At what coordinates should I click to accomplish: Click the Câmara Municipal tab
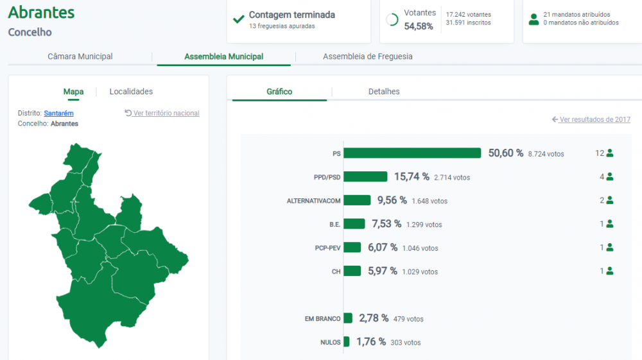click(x=80, y=56)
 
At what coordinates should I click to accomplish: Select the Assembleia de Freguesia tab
click(x=368, y=56)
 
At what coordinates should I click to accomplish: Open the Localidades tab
click(x=131, y=92)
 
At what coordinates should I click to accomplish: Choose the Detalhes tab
click(x=384, y=92)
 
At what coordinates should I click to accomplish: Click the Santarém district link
click(x=58, y=114)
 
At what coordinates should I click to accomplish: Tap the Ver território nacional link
click(x=162, y=113)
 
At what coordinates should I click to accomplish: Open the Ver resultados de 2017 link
click(x=591, y=119)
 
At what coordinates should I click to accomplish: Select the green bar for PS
click(x=412, y=153)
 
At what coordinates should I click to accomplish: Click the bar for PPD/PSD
click(x=366, y=176)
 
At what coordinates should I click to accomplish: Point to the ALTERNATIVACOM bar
click(x=357, y=200)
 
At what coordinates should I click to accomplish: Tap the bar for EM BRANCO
click(x=348, y=318)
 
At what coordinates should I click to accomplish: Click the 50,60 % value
click(x=506, y=153)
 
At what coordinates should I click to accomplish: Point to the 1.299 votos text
click(x=424, y=225)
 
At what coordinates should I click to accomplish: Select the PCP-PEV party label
click(x=327, y=248)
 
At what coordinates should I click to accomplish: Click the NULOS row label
click(x=331, y=343)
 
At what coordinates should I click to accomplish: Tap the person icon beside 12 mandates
click(x=610, y=153)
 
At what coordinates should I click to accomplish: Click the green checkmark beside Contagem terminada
click(x=239, y=19)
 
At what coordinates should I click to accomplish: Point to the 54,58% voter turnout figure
click(x=419, y=26)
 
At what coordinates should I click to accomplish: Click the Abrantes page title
click(x=41, y=13)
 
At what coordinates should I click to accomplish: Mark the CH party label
click(x=336, y=271)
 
